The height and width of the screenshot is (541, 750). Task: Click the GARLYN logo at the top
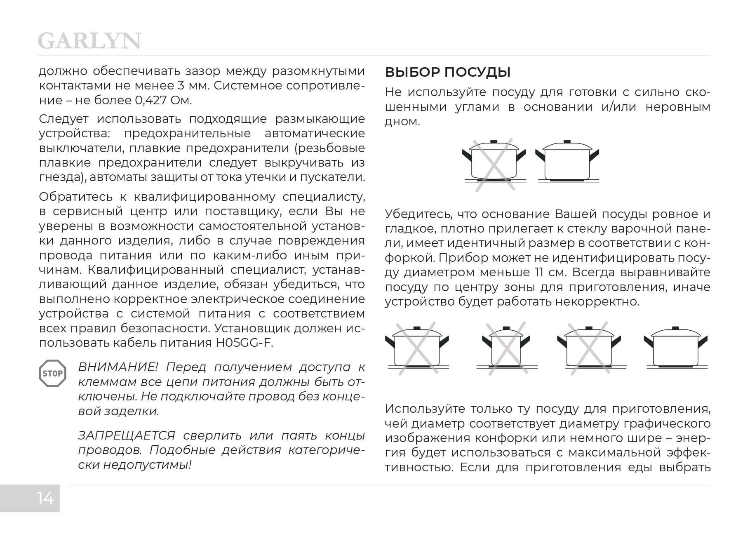(x=89, y=41)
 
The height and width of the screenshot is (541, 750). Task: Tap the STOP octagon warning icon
(x=52, y=374)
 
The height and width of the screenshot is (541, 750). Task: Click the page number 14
(x=45, y=498)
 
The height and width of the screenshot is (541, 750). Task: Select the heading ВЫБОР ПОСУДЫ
(x=447, y=72)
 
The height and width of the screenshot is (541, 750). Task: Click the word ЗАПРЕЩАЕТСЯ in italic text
(x=127, y=435)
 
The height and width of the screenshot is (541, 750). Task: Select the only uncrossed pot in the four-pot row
(x=675, y=347)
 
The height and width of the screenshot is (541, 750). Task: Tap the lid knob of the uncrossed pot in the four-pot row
(x=675, y=328)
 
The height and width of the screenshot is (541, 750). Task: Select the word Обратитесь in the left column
(x=75, y=197)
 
